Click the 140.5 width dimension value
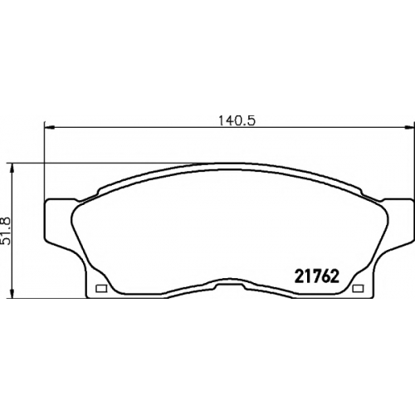(237, 120)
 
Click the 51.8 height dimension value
(6, 231)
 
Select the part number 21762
(317, 276)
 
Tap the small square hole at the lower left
(101, 289)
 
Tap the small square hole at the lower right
(359, 289)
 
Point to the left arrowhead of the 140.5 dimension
(50, 128)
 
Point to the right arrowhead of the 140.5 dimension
(409, 128)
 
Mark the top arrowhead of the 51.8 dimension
(12, 168)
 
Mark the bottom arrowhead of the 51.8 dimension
(12, 293)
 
